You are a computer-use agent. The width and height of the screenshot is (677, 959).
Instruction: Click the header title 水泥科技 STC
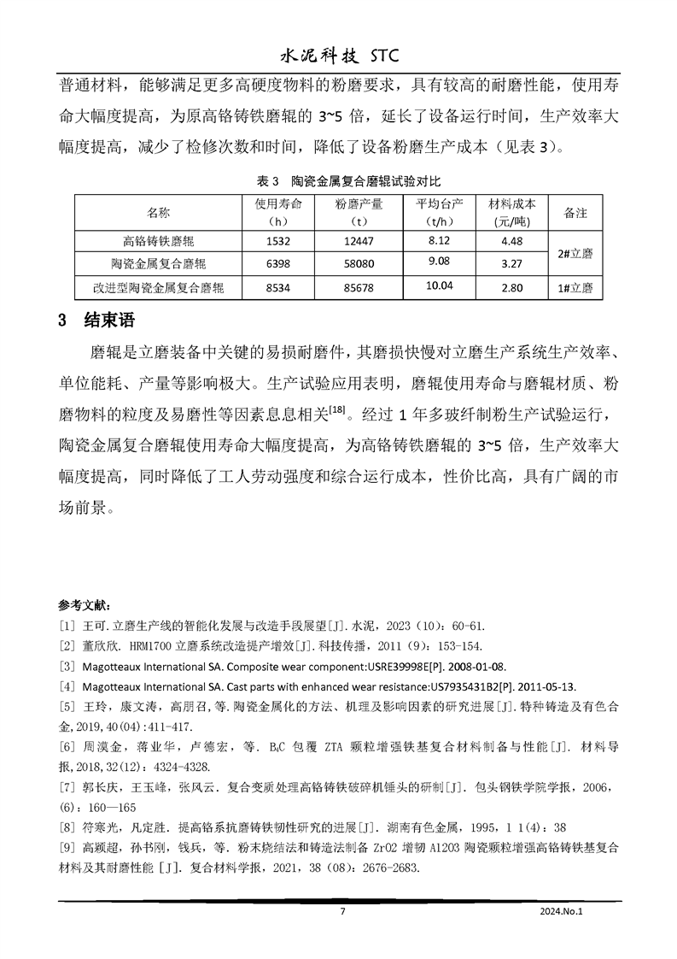coord(339,56)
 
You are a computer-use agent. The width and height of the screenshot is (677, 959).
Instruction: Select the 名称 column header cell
coord(158,212)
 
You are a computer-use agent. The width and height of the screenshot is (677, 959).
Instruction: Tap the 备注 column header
coord(575,212)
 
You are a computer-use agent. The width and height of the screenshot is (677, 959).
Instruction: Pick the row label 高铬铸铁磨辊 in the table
coord(158,241)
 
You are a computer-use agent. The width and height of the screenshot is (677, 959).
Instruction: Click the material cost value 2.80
coord(511,288)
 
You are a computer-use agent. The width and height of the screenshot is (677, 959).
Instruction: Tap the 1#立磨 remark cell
coord(575,288)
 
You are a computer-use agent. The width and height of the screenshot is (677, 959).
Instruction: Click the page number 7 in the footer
coord(342,912)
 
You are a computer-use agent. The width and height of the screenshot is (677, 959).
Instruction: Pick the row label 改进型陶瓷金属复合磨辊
coord(158,288)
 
